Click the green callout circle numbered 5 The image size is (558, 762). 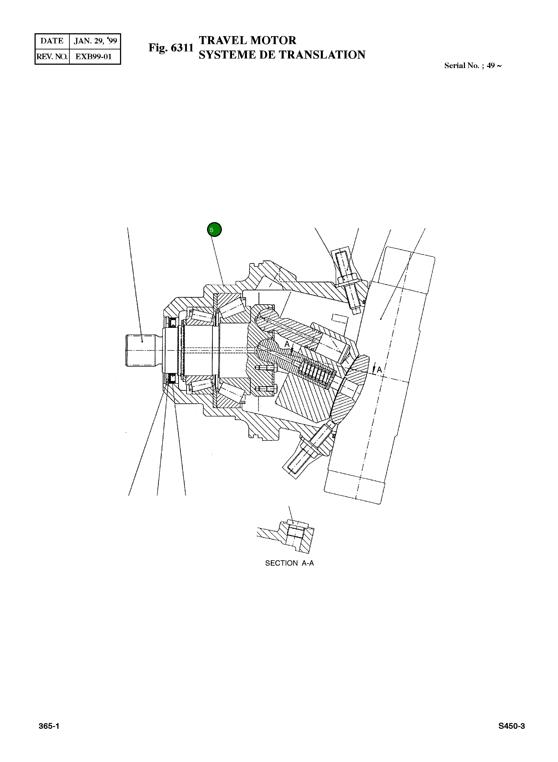coord(214,230)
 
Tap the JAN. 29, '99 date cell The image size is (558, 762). coord(95,41)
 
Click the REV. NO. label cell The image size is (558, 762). coord(52,57)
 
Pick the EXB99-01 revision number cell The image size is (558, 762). coord(94,57)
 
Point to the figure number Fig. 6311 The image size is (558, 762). coord(171,48)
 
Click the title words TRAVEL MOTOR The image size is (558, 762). coord(247,40)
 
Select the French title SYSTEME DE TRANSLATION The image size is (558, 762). coord(282,55)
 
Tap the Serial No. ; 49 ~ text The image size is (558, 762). coord(473,66)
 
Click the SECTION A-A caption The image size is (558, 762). coord(289,563)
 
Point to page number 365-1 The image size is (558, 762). coord(49,726)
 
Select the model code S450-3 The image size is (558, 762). coord(511,726)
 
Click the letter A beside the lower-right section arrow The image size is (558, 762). coord(379,370)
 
